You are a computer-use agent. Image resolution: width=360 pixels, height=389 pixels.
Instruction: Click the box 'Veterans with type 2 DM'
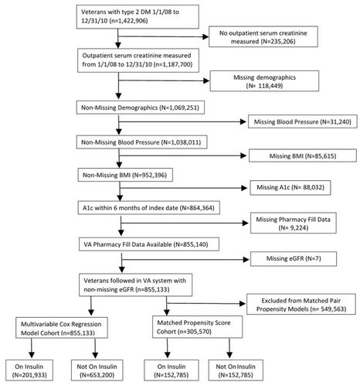click(138, 16)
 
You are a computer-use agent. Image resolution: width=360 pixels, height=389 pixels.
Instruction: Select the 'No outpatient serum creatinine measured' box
click(263, 36)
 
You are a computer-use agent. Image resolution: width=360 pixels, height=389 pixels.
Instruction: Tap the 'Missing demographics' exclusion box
click(264, 81)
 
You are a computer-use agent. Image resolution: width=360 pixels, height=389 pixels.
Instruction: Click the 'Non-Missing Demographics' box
click(141, 107)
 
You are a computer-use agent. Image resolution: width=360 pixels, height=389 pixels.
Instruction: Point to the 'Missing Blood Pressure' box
click(303, 121)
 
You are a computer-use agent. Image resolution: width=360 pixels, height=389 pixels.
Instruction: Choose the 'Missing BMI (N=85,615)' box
click(303, 155)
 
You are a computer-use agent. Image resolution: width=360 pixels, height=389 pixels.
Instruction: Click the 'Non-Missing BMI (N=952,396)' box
click(125, 175)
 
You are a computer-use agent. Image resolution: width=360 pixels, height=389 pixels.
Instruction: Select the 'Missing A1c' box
click(290, 187)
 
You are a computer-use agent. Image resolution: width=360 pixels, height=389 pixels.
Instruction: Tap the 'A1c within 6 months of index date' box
click(149, 208)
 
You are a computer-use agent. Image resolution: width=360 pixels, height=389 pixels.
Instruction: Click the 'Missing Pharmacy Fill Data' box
click(294, 224)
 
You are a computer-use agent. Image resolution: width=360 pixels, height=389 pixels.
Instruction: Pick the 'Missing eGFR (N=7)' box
click(294, 258)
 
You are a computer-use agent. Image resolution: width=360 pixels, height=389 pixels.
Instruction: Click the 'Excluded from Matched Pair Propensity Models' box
click(301, 305)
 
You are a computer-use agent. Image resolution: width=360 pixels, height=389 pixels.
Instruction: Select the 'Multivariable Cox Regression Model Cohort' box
click(62, 328)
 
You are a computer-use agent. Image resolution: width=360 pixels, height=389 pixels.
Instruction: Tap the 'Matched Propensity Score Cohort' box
click(197, 327)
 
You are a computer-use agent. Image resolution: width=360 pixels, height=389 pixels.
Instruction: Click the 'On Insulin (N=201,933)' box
click(29, 370)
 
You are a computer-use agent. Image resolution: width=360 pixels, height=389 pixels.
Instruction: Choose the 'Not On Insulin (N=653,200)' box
click(97, 370)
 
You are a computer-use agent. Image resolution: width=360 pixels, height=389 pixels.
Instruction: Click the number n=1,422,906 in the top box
click(128, 21)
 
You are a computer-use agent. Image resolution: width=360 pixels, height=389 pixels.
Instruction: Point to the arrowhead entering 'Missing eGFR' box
click(246, 259)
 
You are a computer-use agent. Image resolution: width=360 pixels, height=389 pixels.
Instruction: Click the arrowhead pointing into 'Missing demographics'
click(206, 80)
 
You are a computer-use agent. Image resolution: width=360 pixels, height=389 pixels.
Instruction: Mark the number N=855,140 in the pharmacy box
click(191, 244)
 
